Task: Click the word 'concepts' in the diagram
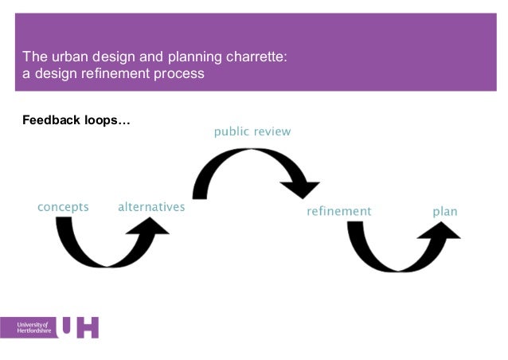click(64, 207)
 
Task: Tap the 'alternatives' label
click(151, 207)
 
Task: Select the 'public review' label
click(252, 131)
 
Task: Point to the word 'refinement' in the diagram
click(339, 211)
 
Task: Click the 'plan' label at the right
click(445, 211)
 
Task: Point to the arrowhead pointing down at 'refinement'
click(301, 189)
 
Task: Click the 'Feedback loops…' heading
click(76, 121)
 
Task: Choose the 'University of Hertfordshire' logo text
click(33, 327)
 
